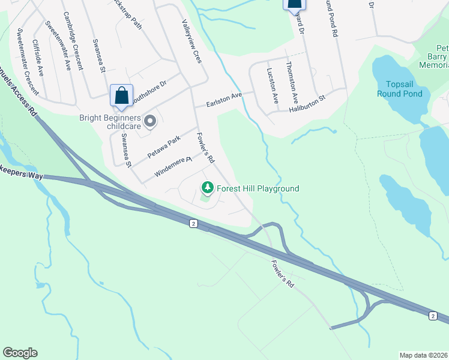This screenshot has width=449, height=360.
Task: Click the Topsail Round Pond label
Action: pyautogui.click(x=400, y=89)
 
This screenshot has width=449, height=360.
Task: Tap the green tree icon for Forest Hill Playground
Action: pyautogui.click(x=208, y=188)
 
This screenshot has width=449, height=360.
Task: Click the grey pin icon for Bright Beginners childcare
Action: pyautogui.click(x=150, y=122)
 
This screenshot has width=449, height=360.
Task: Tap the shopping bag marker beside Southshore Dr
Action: pyautogui.click(x=121, y=96)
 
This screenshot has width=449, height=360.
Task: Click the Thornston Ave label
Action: pyautogui.click(x=292, y=82)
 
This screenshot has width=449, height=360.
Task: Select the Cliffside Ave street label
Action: pyautogui.click(x=38, y=58)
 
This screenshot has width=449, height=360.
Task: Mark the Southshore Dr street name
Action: pyautogui.click(x=148, y=88)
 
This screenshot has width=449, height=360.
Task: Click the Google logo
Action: pyautogui.click(x=20, y=353)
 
